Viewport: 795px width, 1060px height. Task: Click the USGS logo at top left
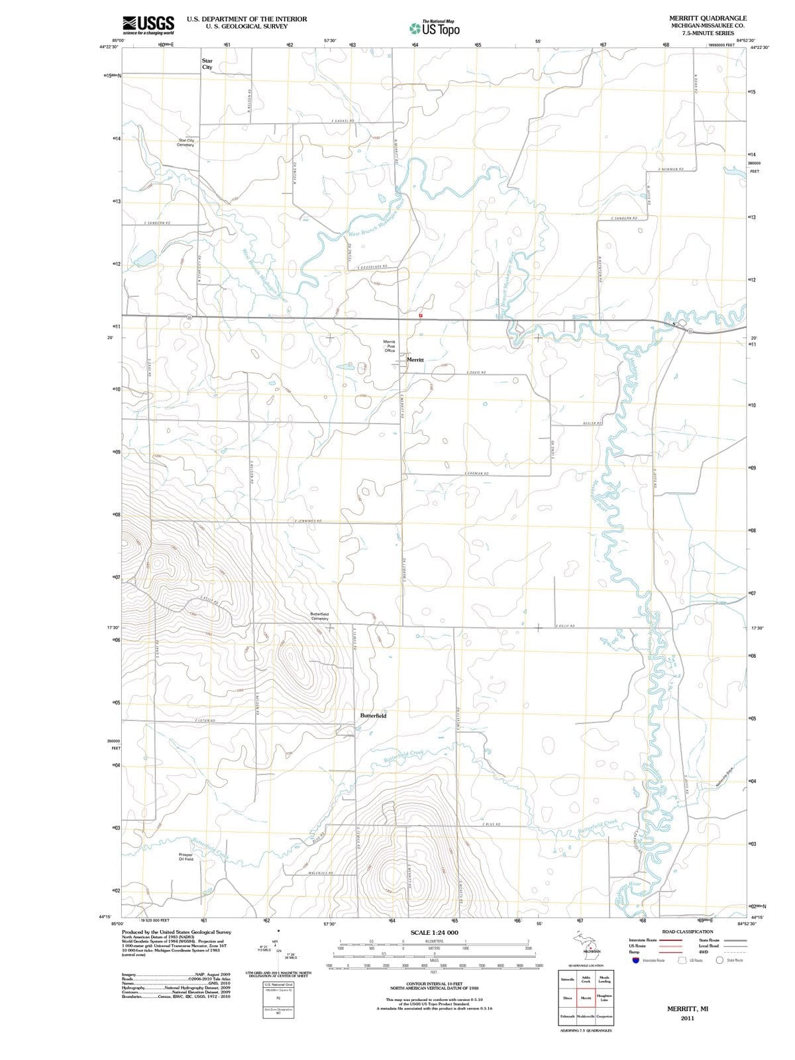148,25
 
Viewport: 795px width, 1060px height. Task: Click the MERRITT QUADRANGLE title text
708,18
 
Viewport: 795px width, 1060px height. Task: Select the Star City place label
207,64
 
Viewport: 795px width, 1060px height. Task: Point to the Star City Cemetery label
186,142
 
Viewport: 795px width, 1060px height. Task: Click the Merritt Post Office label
390,346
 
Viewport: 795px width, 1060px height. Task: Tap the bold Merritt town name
415,359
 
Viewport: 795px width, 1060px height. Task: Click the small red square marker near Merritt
420,315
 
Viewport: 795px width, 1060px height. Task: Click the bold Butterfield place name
373,716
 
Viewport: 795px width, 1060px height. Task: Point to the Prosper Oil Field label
186,857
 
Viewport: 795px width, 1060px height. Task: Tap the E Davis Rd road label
477,372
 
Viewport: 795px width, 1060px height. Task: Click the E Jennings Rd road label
308,521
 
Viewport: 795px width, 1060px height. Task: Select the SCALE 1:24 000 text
434,933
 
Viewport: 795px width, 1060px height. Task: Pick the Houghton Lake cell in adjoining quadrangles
604,998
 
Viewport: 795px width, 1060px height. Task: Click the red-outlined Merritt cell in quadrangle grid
586,998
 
